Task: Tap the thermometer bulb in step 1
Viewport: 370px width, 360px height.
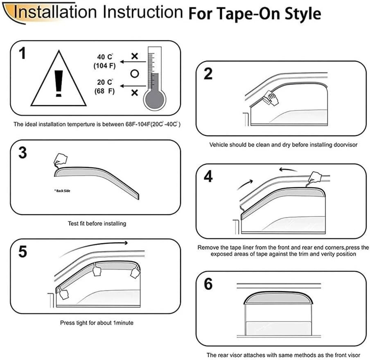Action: [154, 99]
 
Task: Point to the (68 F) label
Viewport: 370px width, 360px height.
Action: [104, 91]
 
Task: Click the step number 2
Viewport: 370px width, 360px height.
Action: [208, 74]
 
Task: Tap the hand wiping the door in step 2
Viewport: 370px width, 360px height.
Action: [270, 97]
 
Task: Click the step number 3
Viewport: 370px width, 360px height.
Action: [23, 153]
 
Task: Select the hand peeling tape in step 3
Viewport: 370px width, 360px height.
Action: [61, 159]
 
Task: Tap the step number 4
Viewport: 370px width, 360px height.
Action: [208, 176]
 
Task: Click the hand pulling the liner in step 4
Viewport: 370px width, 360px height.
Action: [315, 177]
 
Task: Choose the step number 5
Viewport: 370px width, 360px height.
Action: [23, 251]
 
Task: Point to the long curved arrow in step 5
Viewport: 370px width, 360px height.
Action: [94, 247]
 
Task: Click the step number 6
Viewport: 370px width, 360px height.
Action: [208, 283]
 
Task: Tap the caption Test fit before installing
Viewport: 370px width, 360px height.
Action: [97, 224]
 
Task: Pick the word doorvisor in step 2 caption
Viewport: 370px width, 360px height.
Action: [345, 145]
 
